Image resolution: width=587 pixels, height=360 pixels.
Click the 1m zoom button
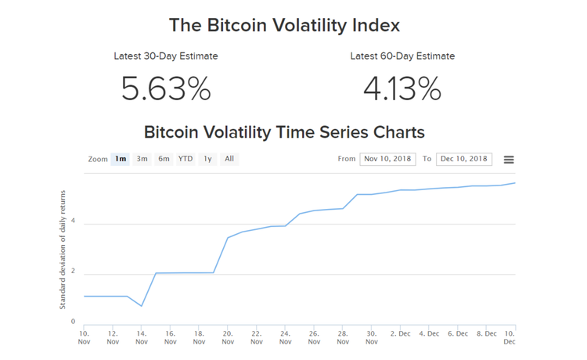tap(121, 159)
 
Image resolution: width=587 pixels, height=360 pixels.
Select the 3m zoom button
tap(142, 159)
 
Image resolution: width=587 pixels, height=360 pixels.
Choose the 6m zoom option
tap(164, 159)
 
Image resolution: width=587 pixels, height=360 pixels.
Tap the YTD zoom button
tap(185, 159)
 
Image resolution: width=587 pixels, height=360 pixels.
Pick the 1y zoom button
tap(207, 159)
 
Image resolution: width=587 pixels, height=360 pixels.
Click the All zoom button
tap(229, 159)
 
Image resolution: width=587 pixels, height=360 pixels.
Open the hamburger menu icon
tap(509, 160)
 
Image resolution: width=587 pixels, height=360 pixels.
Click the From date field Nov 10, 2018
tap(388, 159)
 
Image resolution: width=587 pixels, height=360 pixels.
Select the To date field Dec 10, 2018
tap(464, 159)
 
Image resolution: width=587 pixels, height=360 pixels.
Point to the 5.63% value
tap(166, 88)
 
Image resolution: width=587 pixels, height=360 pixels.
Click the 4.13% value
tap(402, 88)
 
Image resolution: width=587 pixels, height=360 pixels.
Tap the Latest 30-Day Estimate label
tap(166, 56)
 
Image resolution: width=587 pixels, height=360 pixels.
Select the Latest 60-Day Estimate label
tap(402, 56)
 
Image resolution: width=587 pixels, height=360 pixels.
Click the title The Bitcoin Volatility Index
tap(284, 25)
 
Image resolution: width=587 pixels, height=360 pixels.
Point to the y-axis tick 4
tap(73, 224)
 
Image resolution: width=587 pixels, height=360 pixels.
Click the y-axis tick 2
tap(73, 272)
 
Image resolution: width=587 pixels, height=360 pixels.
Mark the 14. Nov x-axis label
tap(142, 337)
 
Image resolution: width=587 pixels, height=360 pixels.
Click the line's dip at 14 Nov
tap(142, 306)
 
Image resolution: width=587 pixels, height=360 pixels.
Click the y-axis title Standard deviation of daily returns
tap(63, 248)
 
